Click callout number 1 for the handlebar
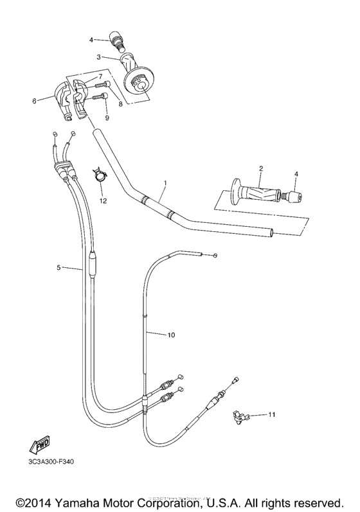[165, 183]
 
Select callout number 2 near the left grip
[261, 169]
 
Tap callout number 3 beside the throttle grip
[99, 57]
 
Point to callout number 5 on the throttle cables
[58, 268]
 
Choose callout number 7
[100, 76]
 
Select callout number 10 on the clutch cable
[171, 335]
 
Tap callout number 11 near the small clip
[272, 415]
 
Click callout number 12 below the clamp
[102, 202]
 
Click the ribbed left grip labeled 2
[255, 193]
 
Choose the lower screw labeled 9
[96, 98]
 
